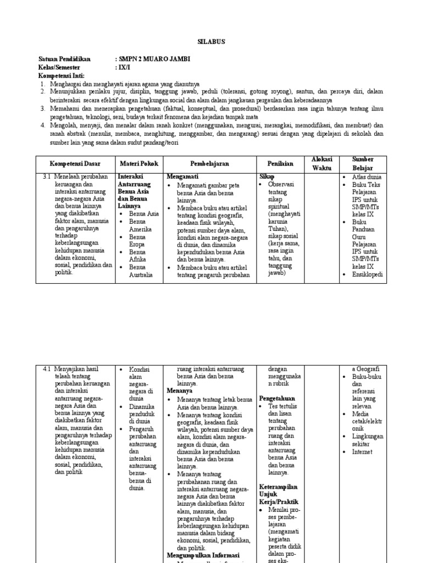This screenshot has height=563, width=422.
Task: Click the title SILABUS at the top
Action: coord(210,42)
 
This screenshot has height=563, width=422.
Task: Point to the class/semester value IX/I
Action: coord(124,67)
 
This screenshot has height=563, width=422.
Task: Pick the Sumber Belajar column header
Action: coord(362,163)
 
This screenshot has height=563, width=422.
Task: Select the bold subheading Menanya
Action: coord(181,390)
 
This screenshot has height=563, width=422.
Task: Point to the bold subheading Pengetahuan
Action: coord(277,398)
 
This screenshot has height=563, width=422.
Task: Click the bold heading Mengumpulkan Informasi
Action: coord(204,556)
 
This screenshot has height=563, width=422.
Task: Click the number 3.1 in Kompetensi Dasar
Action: coord(47,178)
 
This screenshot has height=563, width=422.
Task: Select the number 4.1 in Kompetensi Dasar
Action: coord(47,369)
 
